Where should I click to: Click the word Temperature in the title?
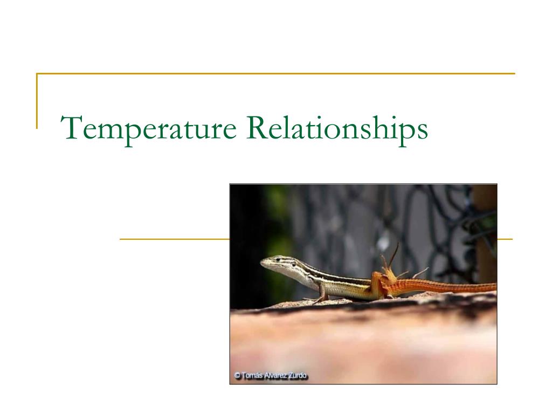tap(148, 129)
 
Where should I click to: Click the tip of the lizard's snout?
tap(262, 263)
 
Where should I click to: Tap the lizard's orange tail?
tap(447, 286)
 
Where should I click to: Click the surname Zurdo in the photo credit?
tap(297, 376)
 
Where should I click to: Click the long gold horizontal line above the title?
tap(275, 73)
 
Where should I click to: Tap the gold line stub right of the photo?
tap(505, 238)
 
